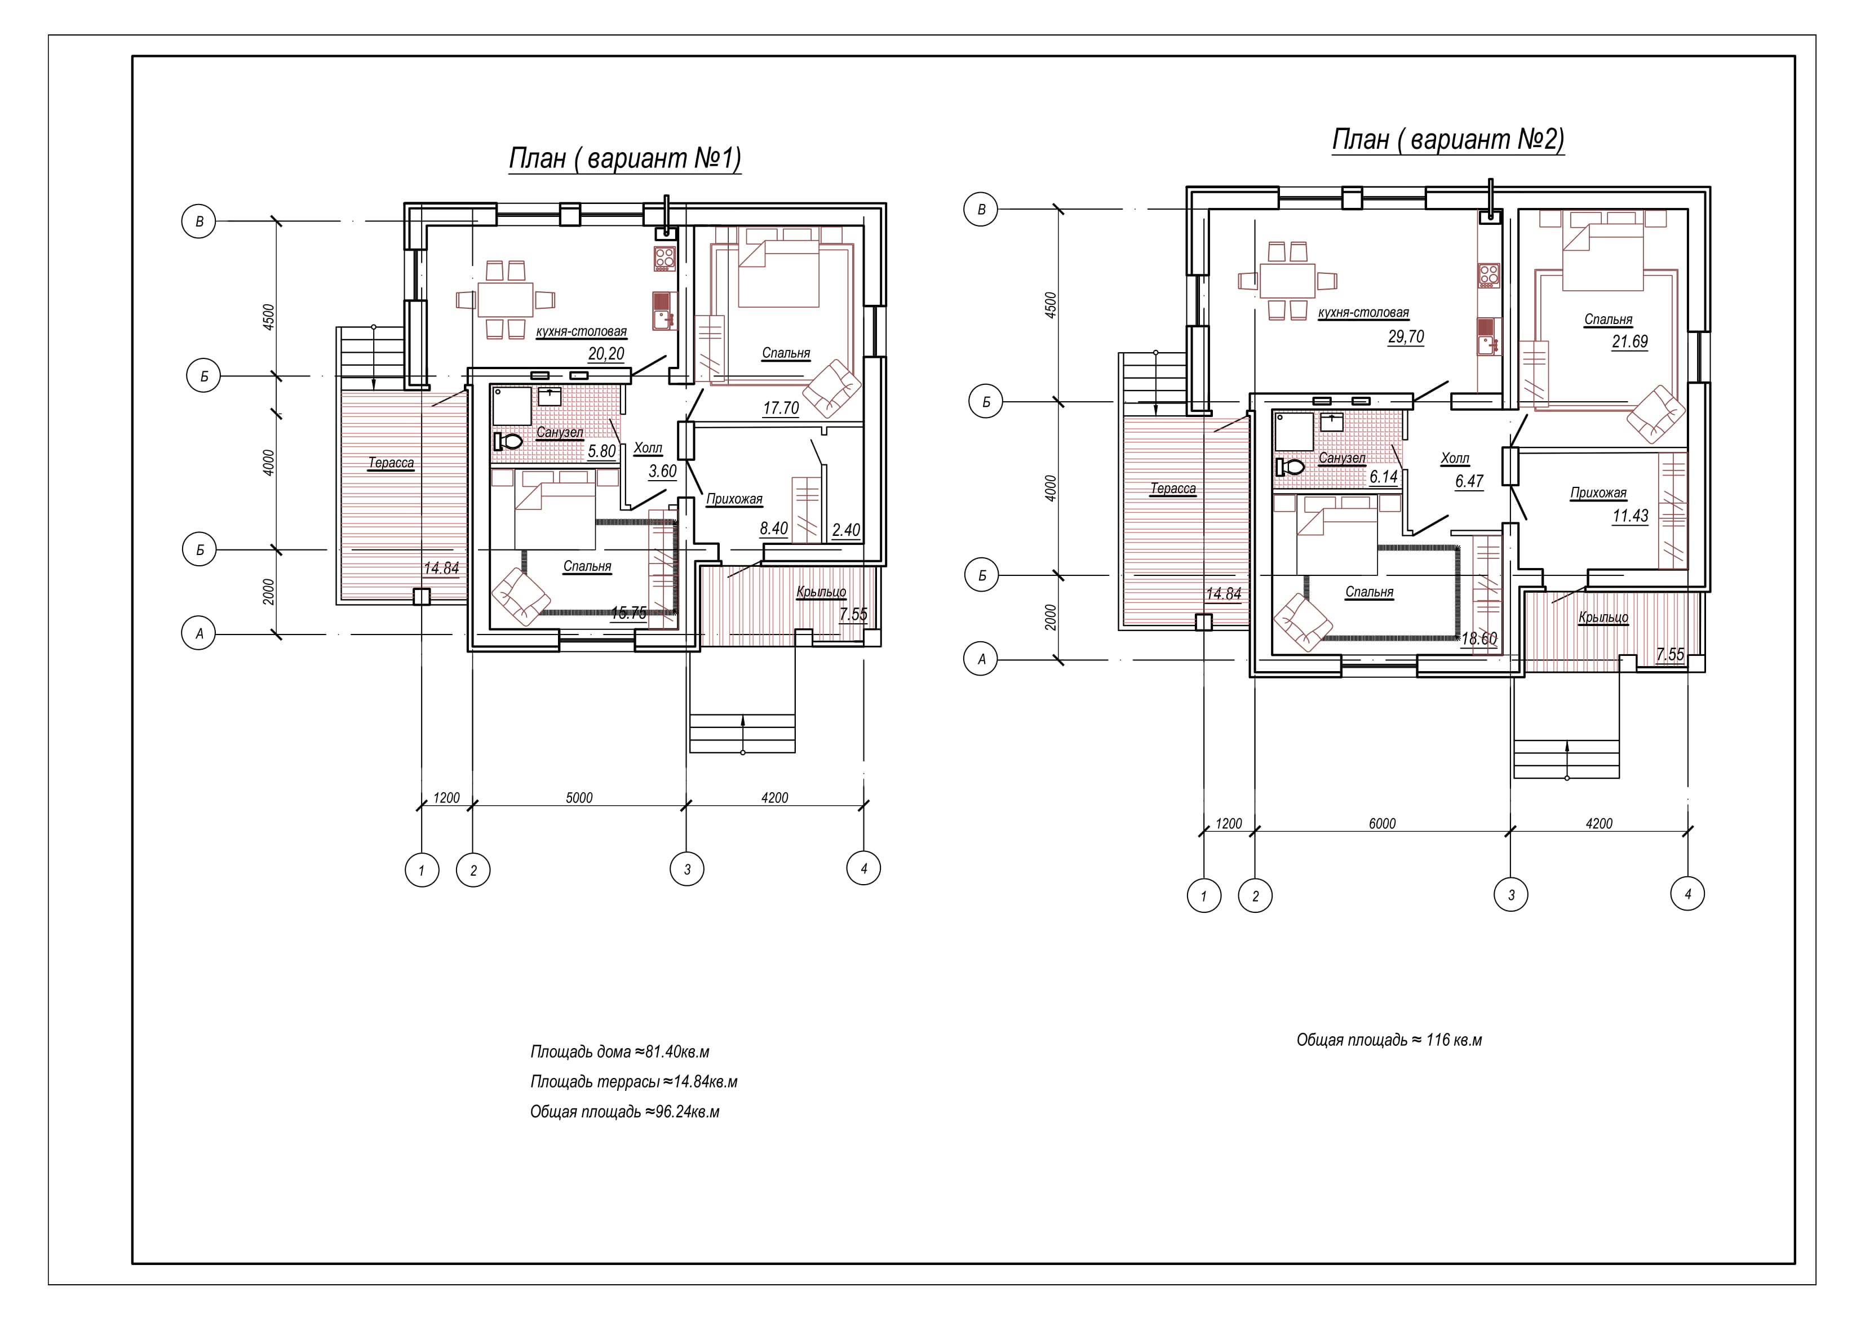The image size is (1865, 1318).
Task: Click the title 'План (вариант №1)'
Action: pyautogui.click(x=624, y=158)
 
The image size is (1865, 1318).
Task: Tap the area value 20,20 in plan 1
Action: pyautogui.click(x=606, y=353)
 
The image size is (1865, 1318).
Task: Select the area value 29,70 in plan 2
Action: pyautogui.click(x=1406, y=337)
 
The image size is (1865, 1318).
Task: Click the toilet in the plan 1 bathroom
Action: pyautogui.click(x=508, y=442)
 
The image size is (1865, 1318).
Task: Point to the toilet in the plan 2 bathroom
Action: pyautogui.click(x=1290, y=467)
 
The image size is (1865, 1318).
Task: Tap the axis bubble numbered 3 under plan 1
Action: pyautogui.click(x=687, y=869)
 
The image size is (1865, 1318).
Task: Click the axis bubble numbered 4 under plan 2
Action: pyautogui.click(x=1688, y=894)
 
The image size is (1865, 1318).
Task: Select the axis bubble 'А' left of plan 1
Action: pyautogui.click(x=199, y=633)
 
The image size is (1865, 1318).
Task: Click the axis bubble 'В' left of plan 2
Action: pyautogui.click(x=981, y=210)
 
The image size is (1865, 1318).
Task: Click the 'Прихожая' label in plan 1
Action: pyautogui.click(x=734, y=499)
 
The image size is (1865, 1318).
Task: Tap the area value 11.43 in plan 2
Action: pyautogui.click(x=1630, y=516)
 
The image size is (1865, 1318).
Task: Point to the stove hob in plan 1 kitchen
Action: pyautogui.click(x=665, y=258)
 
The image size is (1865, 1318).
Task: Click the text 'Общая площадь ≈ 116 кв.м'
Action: pyautogui.click(x=1389, y=1040)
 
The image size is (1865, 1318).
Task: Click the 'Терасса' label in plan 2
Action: pyautogui.click(x=1173, y=489)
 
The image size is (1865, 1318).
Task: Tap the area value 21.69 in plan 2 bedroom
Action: pyautogui.click(x=1629, y=342)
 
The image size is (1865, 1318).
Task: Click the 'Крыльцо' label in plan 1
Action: pyautogui.click(x=821, y=592)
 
